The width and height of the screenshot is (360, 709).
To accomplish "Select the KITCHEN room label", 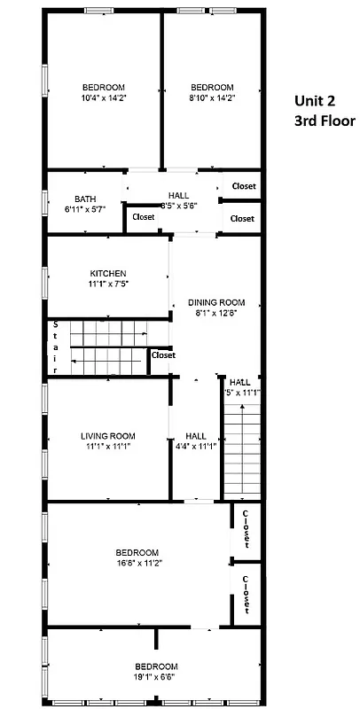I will tap(108, 273).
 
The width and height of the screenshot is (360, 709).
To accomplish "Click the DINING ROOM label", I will tap(216, 301).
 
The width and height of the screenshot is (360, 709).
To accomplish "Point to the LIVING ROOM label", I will tap(108, 435).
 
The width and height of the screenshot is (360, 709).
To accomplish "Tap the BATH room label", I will tap(85, 199).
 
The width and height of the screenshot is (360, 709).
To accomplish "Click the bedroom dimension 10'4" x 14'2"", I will tap(103, 98).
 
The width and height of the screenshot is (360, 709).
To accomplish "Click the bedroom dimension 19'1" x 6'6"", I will tap(156, 677).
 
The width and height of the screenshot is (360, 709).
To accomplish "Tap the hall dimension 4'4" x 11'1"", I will tap(196, 447).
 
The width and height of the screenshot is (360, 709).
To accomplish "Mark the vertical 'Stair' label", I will tap(54, 347).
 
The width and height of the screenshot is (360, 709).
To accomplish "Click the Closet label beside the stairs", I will tap(163, 355).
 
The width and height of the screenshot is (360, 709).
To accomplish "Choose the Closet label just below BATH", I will tap(143, 217).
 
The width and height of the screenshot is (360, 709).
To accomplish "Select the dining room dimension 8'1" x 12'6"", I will tap(216, 313).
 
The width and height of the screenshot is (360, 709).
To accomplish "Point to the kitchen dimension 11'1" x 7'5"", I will tap(108, 284).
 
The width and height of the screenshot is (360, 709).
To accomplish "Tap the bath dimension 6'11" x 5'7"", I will tap(85, 210).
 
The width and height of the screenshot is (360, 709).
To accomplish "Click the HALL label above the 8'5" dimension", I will tap(178, 195).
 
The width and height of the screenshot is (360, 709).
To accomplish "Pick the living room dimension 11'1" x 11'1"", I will tap(108, 447).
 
